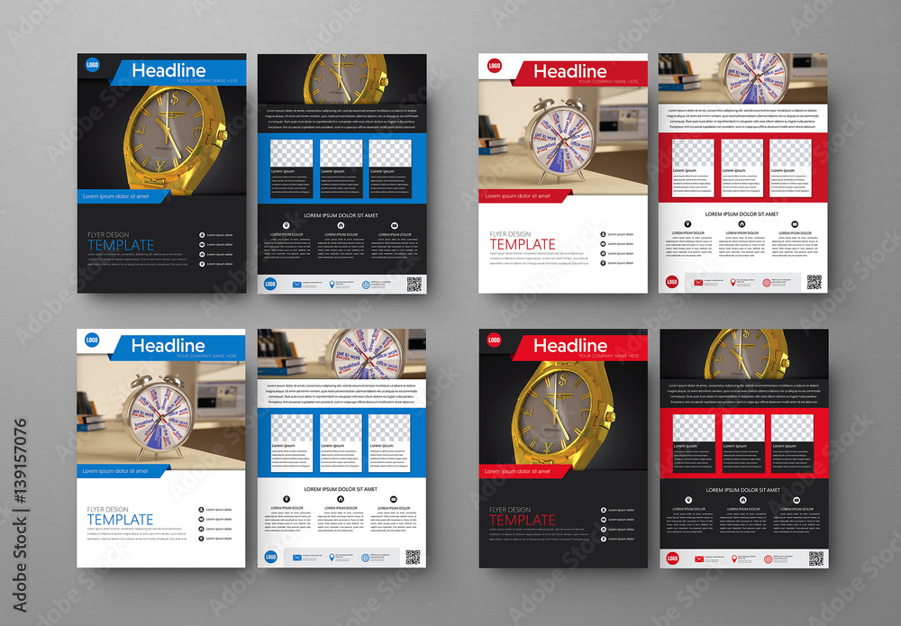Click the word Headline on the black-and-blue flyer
(168, 70)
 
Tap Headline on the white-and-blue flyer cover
(168, 345)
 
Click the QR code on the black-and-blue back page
(414, 284)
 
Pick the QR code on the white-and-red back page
(815, 282)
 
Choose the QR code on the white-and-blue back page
(414, 558)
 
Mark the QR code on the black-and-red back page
(815, 558)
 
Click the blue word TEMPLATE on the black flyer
(120, 245)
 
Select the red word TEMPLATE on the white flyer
(523, 244)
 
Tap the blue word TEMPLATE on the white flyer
(120, 520)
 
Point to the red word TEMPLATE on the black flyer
(523, 520)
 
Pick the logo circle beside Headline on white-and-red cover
(494, 65)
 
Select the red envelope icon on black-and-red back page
(696, 558)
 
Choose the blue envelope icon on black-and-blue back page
(296, 284)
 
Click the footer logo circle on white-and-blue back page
(270, 558)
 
